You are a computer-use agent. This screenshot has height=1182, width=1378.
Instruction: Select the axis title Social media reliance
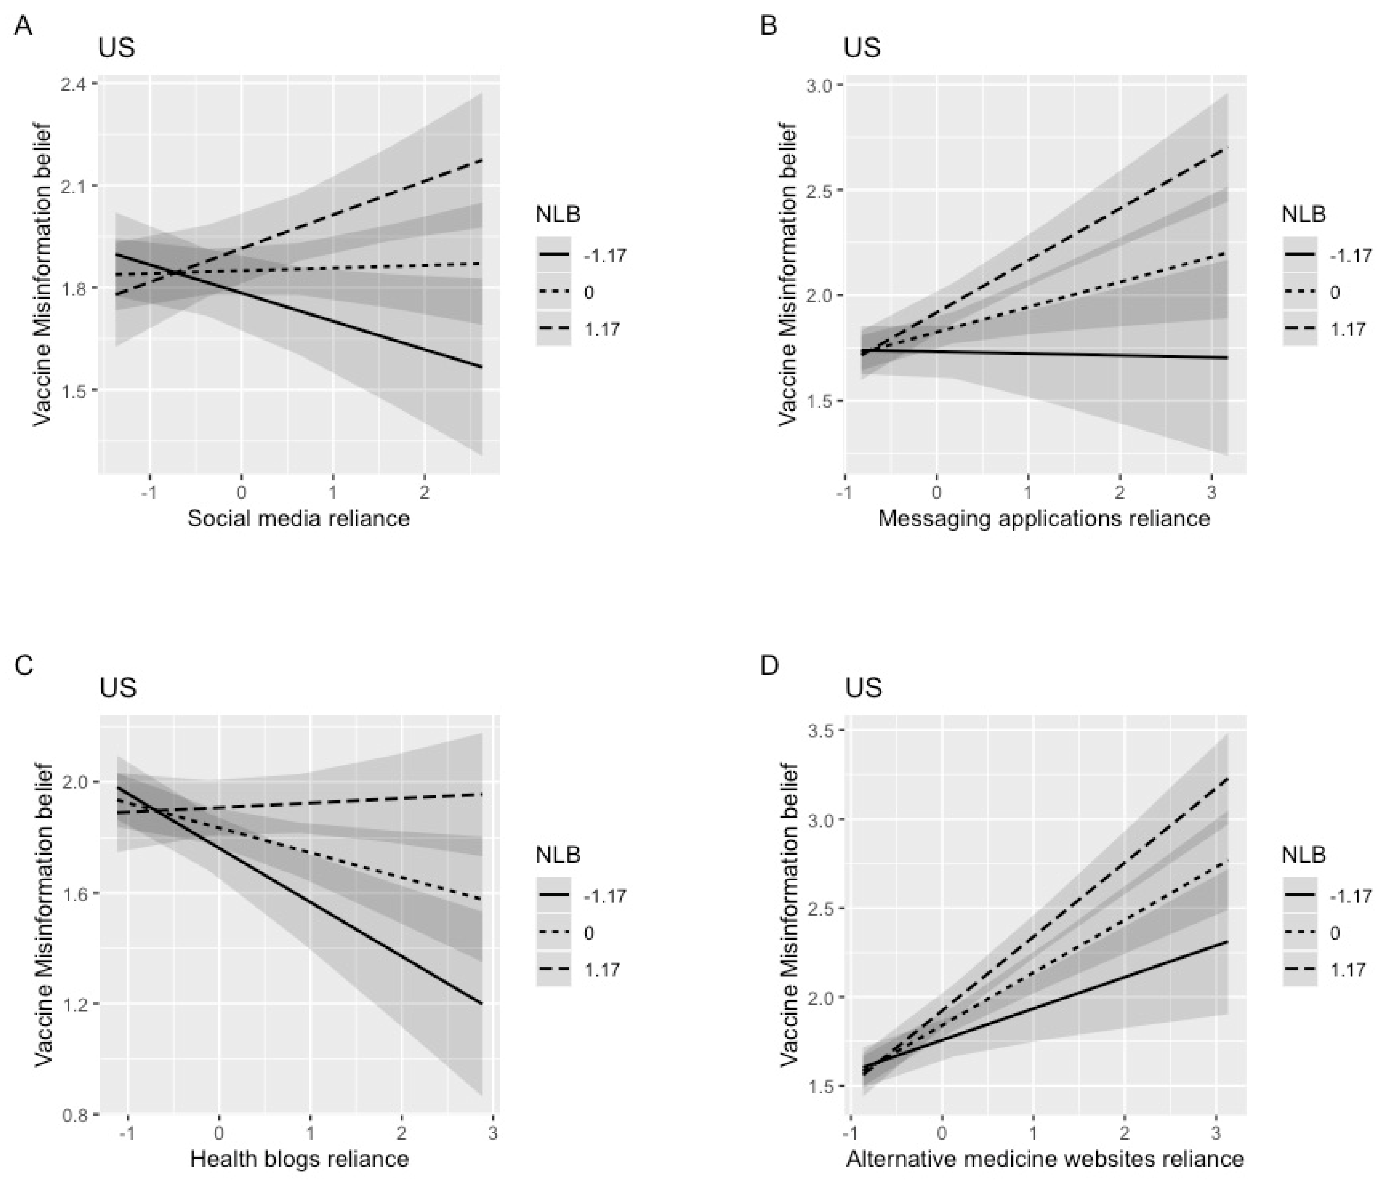point(299,518)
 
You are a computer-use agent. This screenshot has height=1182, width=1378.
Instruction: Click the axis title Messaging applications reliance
point(1043,518)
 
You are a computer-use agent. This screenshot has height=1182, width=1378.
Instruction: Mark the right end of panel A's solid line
point(482,367)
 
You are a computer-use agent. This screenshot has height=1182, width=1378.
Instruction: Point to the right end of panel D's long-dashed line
point(1227,778)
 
